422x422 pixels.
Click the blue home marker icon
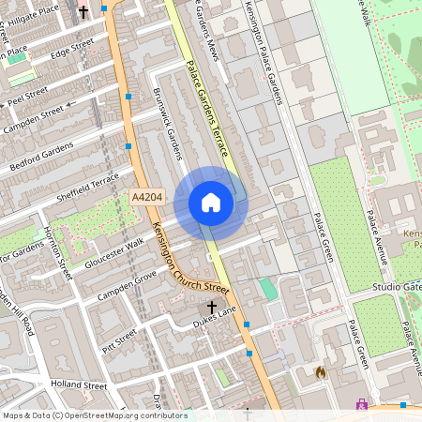pyautogui.click(x=211, y=203)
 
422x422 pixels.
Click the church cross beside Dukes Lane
pyautogui.click(x=212, y=307)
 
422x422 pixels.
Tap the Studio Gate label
pyautogui.click(x=397, y=285)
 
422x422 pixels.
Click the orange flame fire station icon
pyautogui.click(x=321, y=372)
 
